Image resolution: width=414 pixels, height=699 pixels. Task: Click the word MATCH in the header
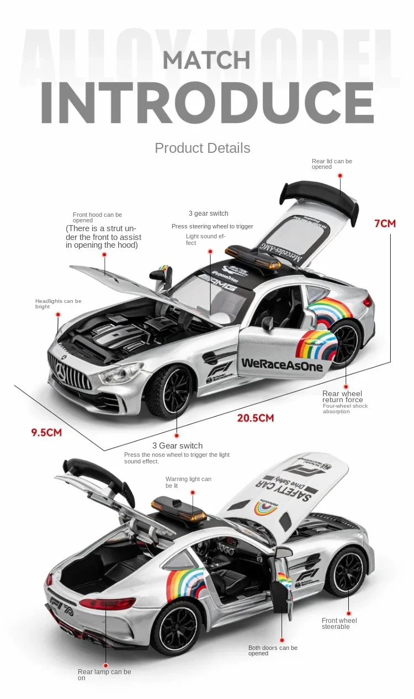(x=206, y=60)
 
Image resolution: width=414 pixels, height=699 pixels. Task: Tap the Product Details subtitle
(x=202, y=148)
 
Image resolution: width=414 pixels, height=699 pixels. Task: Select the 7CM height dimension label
(x=385, y=223)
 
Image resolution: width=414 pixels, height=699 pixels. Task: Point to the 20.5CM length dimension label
(x=255, y=418)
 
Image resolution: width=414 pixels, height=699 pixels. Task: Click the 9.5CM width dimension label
(x=46, y=432)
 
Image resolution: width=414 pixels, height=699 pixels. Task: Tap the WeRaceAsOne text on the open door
(x=282, y=364)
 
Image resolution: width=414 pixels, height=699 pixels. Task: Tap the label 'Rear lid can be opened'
(x=332, y=164)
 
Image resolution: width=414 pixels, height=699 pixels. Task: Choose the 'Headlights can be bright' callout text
(x=58, y=303)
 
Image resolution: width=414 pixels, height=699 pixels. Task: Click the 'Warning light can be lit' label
(x=188, y=482)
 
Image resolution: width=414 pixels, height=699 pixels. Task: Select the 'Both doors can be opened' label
(x=273, y=650)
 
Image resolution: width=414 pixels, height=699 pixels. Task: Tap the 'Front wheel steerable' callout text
(x=339, y=623)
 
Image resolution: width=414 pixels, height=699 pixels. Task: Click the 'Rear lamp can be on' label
(x=104, y=675)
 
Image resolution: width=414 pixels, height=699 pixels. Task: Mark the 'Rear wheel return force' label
(x=342, y=397)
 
